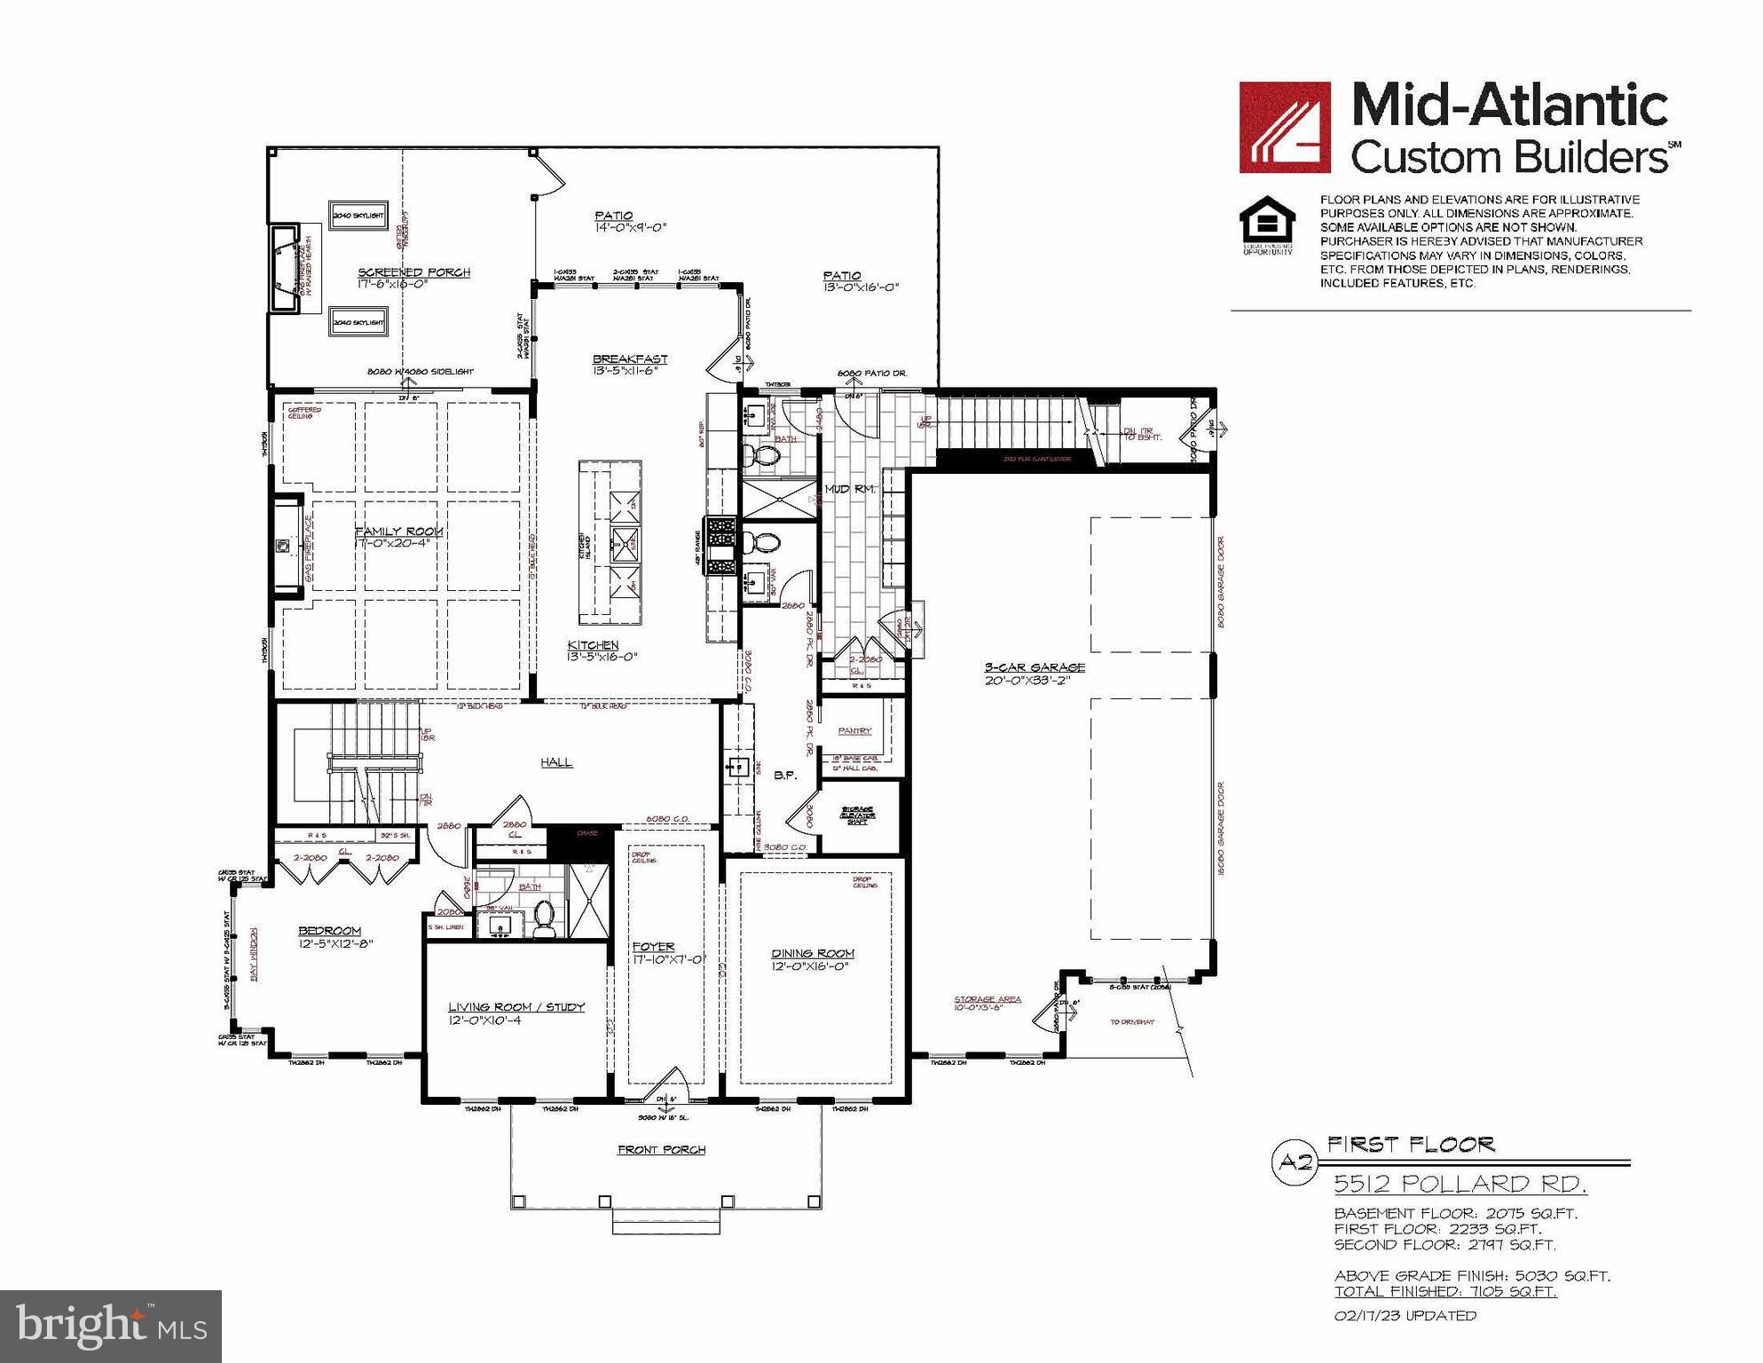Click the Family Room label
click(399, 532)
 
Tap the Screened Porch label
click(413, 272)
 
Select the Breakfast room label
click(630, 359)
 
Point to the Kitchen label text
click(594, 645)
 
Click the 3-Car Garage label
click(1034, 667)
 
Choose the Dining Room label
click(812, 953)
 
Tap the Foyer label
click(653, 947)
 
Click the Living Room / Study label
click(516, 1006)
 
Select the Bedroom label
click(329, 931)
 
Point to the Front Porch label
click(662, 1149)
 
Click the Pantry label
click(854, 730)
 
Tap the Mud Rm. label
click(850, 489)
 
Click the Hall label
click(556, 762)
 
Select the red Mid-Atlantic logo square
click(1284, 127)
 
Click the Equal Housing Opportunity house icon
click(1267, 222)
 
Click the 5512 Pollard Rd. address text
click(1460, 1184)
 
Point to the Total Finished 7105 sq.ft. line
click(1445, 1291)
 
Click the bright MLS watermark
click(111, 1326)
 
